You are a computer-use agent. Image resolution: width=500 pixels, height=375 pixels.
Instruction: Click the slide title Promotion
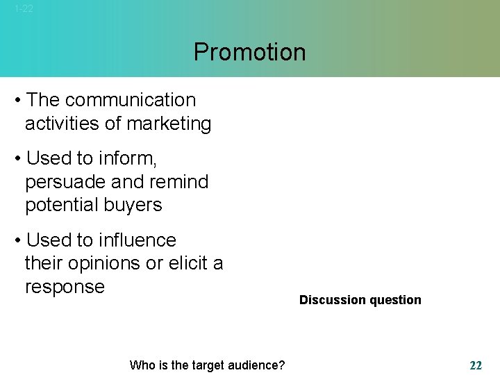pos(249,52)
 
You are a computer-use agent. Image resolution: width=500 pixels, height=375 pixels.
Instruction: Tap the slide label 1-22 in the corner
pos(24,9)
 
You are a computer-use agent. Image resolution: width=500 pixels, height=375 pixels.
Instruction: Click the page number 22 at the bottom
pos(476,365)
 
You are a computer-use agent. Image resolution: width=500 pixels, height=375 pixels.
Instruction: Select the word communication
pos(131,100)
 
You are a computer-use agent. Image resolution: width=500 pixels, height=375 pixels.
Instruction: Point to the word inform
pos(127,158)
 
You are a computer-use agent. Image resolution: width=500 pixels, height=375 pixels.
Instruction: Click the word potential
pos(62,205)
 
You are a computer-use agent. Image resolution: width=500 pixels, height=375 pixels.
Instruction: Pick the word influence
pos(137,240)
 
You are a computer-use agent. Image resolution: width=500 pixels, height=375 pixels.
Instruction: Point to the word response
pos(65,287)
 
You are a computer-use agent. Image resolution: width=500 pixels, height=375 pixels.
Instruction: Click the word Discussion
pos(332,300)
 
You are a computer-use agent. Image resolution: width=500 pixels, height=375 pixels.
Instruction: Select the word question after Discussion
pos(395,300)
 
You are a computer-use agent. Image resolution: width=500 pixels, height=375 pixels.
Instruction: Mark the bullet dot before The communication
pos(17,101)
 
